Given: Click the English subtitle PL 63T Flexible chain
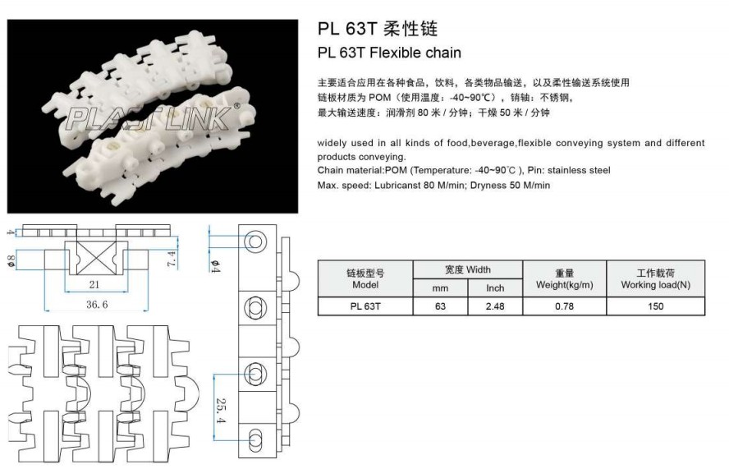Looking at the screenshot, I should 389,53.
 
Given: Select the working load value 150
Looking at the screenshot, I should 655,306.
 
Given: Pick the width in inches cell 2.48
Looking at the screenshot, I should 495,306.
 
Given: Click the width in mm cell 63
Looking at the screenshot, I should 438,306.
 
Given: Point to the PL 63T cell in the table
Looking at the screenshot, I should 364,306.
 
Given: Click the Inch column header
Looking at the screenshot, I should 495,288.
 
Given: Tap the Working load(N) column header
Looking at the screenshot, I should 655,278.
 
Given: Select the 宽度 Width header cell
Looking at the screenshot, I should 467,269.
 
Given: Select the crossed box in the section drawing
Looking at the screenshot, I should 98,259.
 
